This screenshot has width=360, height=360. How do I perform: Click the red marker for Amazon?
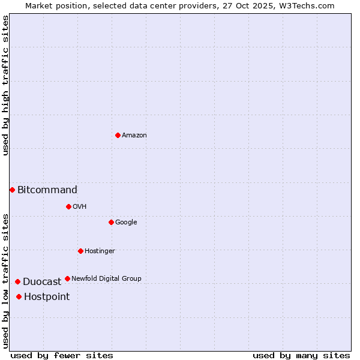pyautogui.click(x=118, y=135)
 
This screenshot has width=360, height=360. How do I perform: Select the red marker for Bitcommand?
pyautogui.click(x=12, y=190)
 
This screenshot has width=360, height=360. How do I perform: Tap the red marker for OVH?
pyautogui.click(x=68, y=206)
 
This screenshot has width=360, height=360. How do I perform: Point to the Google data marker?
pyautogui.click(x=111, y=222)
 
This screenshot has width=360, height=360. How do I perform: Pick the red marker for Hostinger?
pyautogui.click(x=80, y=251)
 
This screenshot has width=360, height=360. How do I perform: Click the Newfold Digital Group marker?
pyautogui.click(x=67, y=278)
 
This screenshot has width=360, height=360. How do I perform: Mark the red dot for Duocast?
pyautogui.click(x=17, y=281)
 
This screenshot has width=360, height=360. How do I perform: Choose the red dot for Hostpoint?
pyautogui.click(x=19, y=296)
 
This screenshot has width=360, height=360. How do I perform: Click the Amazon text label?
pyautogui.click(x=134, y=136)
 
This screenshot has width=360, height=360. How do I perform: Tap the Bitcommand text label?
pyautogui.click(x=47, y=190)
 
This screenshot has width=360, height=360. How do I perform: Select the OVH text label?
pyautogui.click(x=80, y=207)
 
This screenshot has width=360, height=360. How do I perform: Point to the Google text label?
pyautogui.click(x=126, y=223)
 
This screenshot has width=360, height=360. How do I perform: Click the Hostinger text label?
pyautogui.click(x=100, y=251)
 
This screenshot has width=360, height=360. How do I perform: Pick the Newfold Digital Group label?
pyautogui.click(x=106, y=279)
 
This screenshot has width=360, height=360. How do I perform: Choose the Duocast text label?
pyautogui.click(x=42, y=282)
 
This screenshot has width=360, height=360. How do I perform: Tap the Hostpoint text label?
pyautogui.click(x=47, y=297)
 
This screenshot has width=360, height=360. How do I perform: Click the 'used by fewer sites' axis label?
pyautogui.click(x=62, y=355)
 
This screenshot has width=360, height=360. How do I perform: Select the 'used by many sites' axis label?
pyautogui.click(x=301, y=355)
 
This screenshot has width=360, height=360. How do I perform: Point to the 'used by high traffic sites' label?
pyautogui.click(x=5, y=85)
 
